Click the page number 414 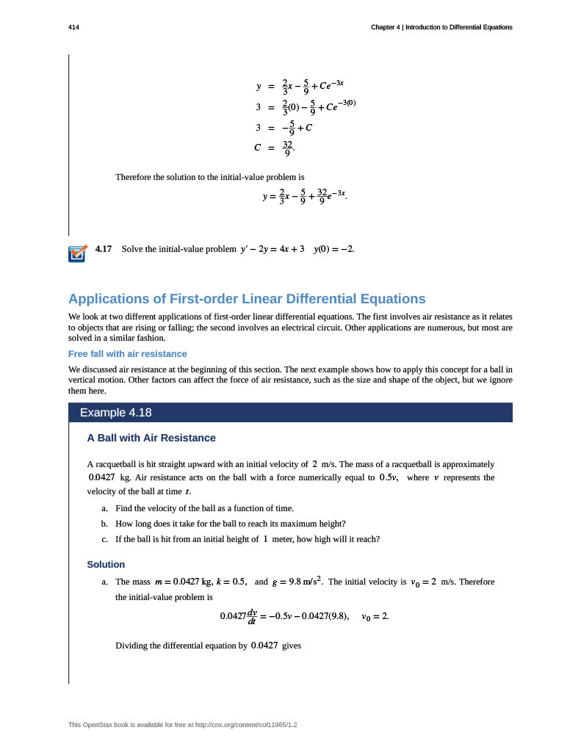click(73, 27)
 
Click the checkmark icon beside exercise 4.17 click(76, 253)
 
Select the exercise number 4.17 click(104, 249)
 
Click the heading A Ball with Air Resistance click(151, 438)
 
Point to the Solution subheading click(106, 564)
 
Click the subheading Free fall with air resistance click(127, 353)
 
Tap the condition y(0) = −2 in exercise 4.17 click(334, 249)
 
